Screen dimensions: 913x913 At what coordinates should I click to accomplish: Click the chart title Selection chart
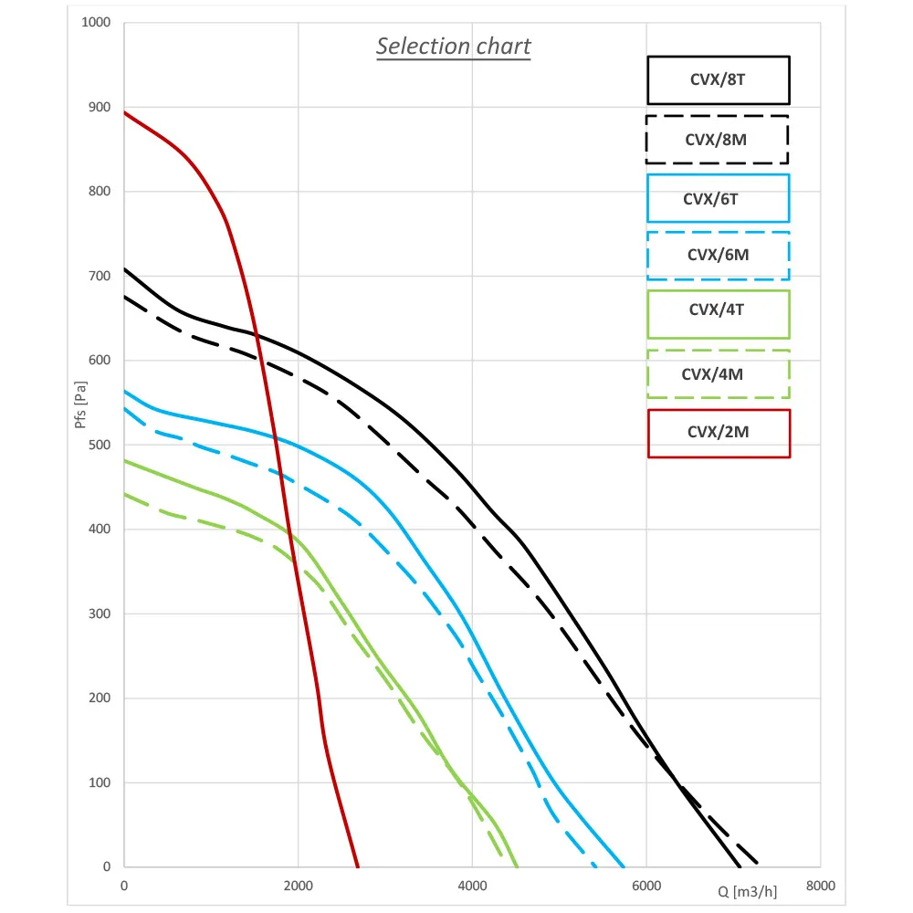tap(453, 47)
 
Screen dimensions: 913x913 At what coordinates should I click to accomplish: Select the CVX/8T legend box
tap(718, 79)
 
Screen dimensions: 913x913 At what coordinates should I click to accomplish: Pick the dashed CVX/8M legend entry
tap(717, 140)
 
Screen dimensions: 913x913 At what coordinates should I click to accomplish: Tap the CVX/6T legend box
tap(718, 198)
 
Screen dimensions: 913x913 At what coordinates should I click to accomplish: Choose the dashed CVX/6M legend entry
tap(718, 256)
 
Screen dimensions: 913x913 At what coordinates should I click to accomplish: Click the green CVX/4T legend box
tap(718, 314)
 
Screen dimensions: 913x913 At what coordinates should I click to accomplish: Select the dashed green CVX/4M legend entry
tap(718, 374)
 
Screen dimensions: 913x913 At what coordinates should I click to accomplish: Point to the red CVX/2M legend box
tap(719, 433)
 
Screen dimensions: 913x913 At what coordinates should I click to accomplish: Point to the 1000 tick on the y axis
tap(96, 23)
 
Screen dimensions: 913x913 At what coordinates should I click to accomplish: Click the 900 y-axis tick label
tap(99, 107)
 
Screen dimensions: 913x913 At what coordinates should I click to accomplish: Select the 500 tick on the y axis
tap(99, 445)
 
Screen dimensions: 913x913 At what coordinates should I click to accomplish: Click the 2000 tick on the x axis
tap(298, 886)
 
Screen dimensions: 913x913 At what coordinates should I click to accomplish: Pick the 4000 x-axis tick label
tap(472, 886)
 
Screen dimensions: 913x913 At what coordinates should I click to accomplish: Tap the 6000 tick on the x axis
tap(646, 886)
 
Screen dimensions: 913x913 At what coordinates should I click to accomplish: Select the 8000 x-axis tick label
tap(820, 886)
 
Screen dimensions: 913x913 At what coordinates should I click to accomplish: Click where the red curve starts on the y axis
tap(124, 112)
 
